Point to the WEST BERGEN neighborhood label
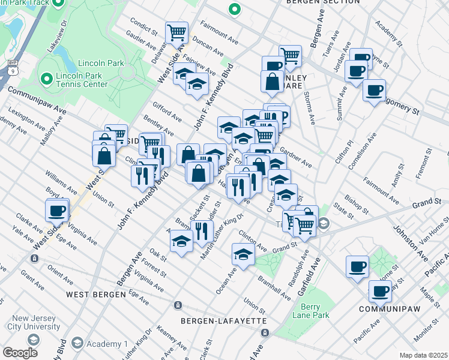96,295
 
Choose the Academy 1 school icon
77,343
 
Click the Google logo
20,352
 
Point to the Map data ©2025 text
423,355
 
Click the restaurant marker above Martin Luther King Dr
202,230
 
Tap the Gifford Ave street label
167,112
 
